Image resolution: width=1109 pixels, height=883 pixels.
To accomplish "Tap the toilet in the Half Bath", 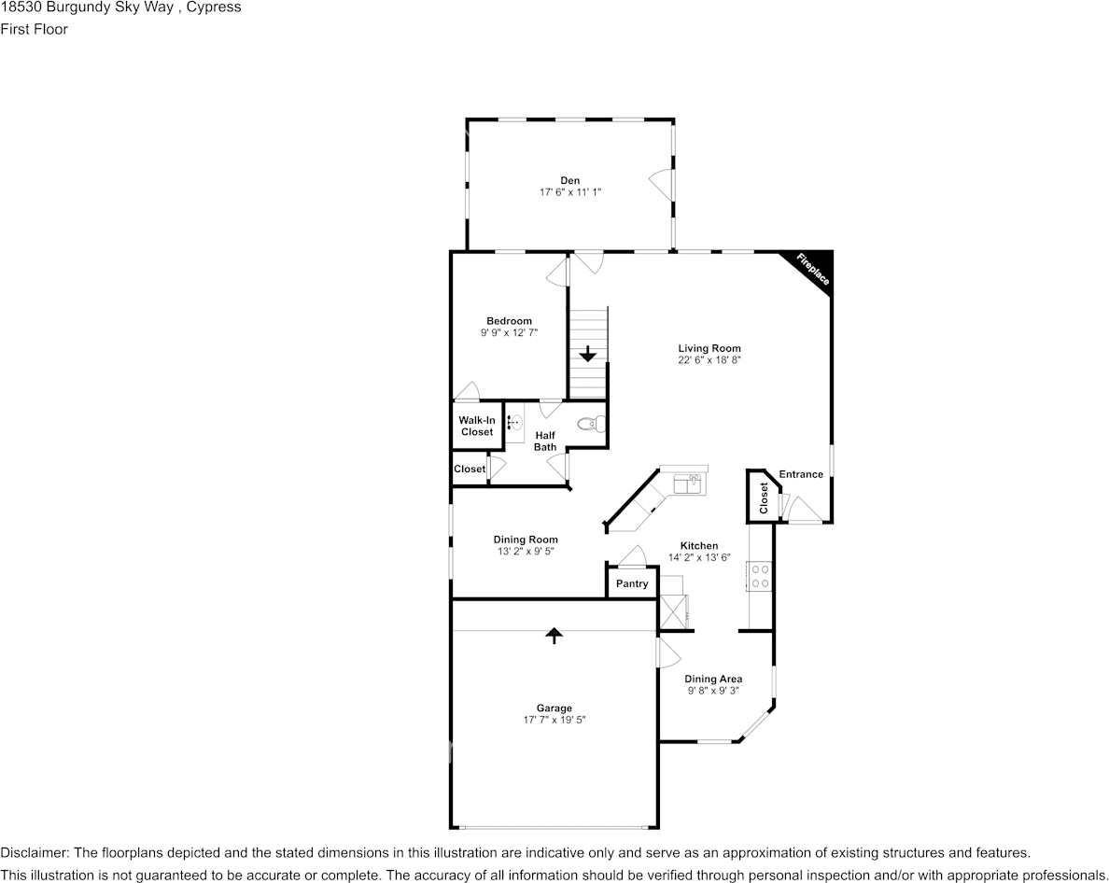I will point(589,425).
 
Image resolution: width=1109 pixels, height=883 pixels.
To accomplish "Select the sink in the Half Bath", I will point(514,423).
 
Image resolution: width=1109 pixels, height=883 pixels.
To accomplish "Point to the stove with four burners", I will point(760,575).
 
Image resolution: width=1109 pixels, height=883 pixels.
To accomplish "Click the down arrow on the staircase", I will point(588,354).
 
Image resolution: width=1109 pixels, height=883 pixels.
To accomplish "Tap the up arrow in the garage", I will point(554,636).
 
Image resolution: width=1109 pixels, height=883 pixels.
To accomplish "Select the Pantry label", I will point(632,584).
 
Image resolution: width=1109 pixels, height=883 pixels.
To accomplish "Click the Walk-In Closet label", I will point(476,427).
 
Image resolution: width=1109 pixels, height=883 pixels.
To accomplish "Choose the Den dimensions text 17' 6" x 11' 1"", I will point(569,192).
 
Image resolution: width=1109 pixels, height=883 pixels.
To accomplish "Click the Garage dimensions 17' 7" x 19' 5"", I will point(554,720).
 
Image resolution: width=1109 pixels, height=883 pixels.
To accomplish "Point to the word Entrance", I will point(801,474).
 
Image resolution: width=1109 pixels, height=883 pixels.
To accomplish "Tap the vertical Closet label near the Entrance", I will point(764,498).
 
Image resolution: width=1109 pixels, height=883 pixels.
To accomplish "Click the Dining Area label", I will point(713,680).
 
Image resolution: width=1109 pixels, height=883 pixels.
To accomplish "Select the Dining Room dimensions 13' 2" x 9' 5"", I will point(526,552).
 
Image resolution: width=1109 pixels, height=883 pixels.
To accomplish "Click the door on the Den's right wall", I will point(662,183).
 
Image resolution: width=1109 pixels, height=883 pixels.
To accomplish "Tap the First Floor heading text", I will point(34,29).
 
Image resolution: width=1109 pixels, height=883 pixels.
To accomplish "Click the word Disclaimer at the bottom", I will point(34,853).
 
